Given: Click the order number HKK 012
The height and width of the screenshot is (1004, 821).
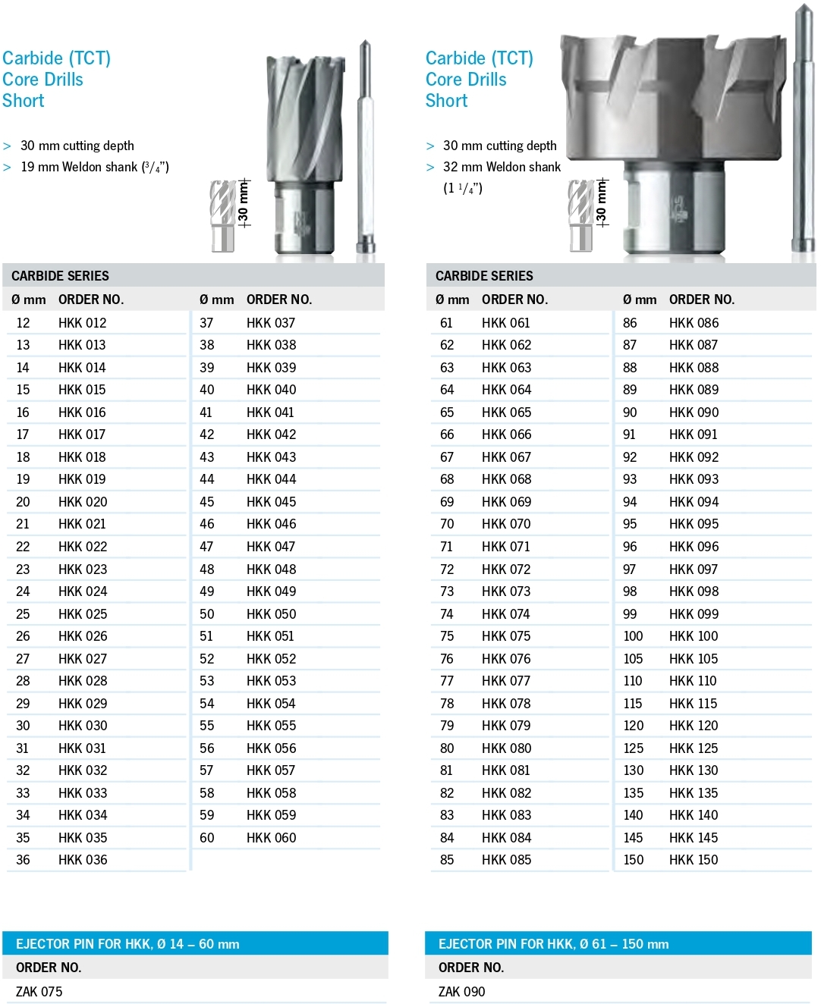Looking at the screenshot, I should (82, 323).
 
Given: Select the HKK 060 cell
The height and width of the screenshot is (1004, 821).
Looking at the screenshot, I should (271, 838).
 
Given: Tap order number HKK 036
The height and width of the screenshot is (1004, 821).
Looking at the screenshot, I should (83, 860).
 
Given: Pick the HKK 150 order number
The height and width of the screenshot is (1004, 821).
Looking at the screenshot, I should (694, 860).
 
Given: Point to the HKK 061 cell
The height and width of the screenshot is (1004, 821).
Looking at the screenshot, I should (505, 323).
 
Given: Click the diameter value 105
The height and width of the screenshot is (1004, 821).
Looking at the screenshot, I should (633, 659).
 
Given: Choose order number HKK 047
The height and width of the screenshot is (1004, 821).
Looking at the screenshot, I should (271, 547).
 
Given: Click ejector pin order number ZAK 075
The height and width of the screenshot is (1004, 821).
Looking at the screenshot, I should (39, 992).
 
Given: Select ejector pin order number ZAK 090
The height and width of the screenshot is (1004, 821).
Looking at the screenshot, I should (461, 992).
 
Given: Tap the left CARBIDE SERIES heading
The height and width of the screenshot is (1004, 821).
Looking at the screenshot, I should (60, 276).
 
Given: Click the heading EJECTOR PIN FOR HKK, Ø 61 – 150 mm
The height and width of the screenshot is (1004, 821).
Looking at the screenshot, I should (553, 944).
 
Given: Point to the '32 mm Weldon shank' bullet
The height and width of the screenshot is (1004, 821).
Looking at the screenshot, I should (502, 167).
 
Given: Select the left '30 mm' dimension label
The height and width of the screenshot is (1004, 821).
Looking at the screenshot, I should (244, 204).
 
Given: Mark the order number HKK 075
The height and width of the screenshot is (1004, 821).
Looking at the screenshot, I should (506, 636).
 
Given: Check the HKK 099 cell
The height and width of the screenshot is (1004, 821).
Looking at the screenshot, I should (694, 614).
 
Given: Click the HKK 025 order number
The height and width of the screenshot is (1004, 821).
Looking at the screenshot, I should (83, 614).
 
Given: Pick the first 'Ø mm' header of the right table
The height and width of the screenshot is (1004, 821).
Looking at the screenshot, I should (452, 300).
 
